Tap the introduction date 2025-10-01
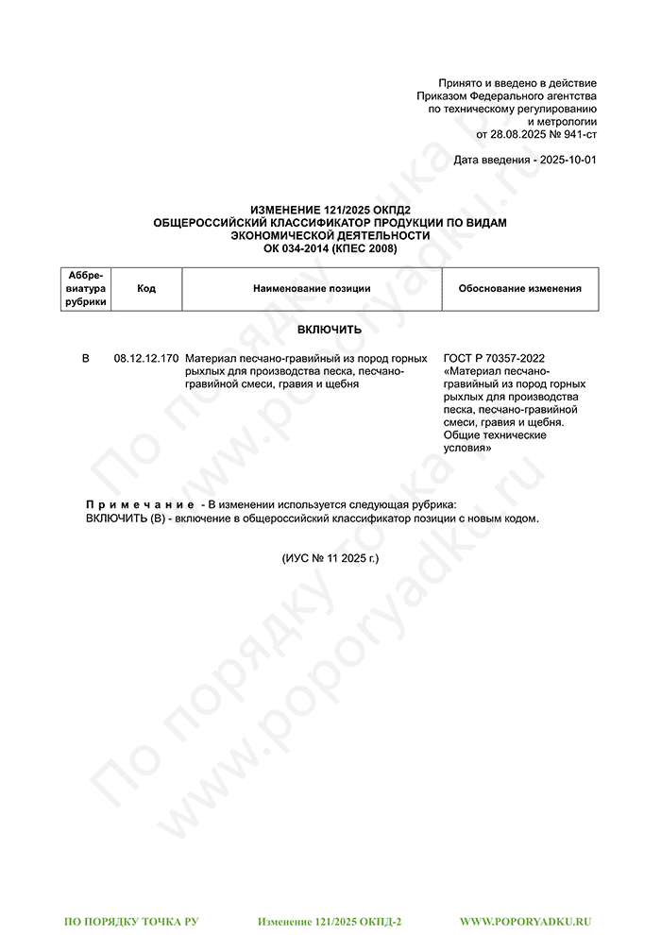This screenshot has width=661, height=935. coord(565,161)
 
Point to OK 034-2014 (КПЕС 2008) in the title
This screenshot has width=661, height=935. coord(330,248)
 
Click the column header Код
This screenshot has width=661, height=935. coord(146,288)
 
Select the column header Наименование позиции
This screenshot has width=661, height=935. coord(312,288)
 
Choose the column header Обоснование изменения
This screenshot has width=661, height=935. coord(519,288)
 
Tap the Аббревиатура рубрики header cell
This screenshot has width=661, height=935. coord(86,288)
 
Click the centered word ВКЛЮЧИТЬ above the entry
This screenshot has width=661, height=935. coord(330,330)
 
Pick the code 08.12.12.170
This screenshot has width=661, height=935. coord(146,359)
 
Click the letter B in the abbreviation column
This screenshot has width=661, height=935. coord(86,359)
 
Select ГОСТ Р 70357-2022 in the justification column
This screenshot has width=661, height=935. coord(494,359)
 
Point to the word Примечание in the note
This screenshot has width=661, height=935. coord(141,505)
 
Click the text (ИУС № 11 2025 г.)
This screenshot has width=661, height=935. coord(330,558)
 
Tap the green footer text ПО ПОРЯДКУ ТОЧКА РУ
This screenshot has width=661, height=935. coord(131,920)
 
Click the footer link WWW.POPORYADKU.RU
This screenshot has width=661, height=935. coord(525,920)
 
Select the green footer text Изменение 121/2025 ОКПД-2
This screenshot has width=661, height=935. coord(330,920)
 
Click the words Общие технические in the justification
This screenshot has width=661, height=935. coord(495,435)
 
